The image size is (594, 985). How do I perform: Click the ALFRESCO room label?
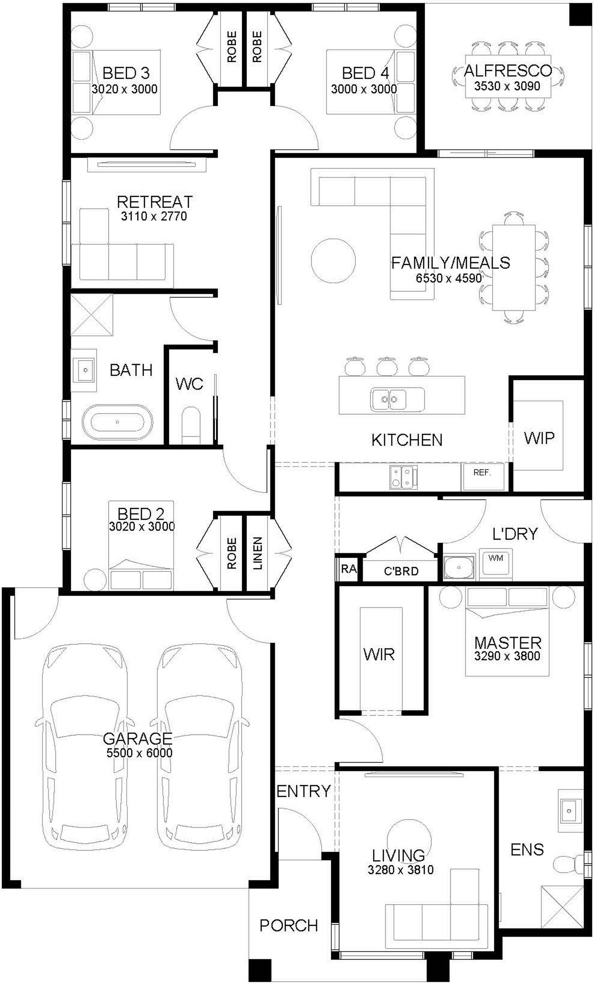tap(507, 71)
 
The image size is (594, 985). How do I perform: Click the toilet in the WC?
tap(191, 426)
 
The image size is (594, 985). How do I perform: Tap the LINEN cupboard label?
tap(258, 553)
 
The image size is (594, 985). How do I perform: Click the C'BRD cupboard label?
tap(401, 571)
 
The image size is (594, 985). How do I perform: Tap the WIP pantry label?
tap(539, 439)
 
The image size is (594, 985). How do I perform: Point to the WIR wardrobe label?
tap(379, 654)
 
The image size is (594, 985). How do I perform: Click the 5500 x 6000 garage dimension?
tap(139, 753)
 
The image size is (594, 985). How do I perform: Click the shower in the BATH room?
tap(92, 315)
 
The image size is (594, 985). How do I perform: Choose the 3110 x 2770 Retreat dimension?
tap(154, 216)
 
